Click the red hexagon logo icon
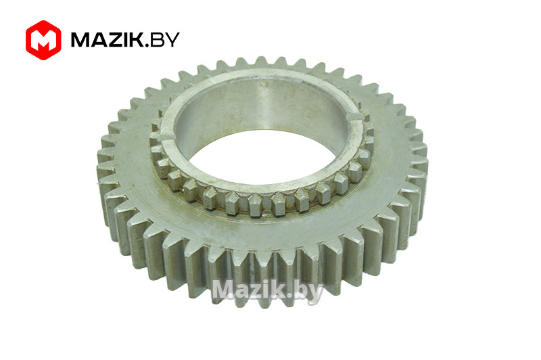pyautogui.click(x=43, y=40)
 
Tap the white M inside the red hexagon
pyautogui.click(x=43, y=41)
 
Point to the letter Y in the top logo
pyautogui.click(x=172, y=40)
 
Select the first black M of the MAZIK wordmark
pyautogui.click(x=79, y=40)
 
